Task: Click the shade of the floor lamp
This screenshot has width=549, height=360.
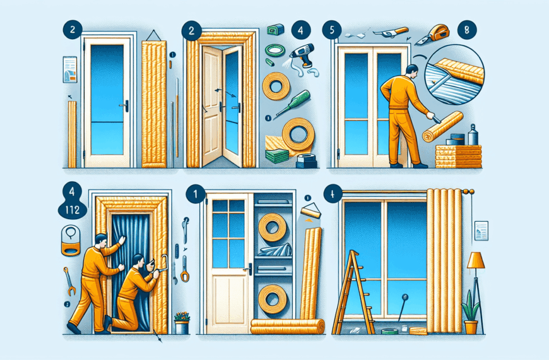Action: [x=475, y=260]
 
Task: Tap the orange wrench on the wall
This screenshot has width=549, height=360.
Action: [x=69, y=280]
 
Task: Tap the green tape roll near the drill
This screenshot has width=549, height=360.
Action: [x=273, y=51]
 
